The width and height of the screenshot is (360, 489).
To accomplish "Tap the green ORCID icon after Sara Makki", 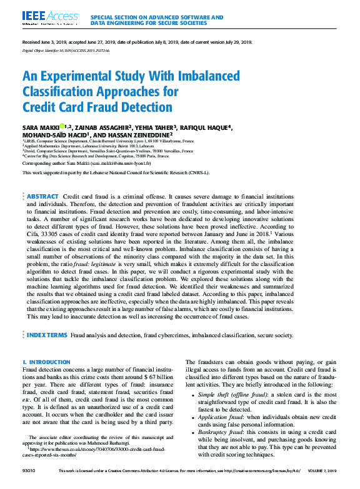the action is tap(62, 127).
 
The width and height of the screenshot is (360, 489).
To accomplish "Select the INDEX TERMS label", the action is tap(46, 335).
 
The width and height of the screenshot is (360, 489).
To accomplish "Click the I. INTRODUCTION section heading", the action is tap(46, 362).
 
